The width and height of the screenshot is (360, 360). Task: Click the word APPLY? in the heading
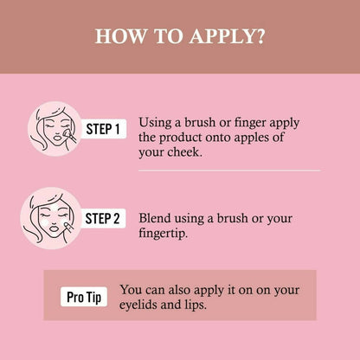click(227, 36)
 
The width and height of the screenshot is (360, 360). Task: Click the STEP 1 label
click(103, 129)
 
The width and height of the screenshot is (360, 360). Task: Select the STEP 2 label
click(102, 218)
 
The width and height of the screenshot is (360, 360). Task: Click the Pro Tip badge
click(84, 297)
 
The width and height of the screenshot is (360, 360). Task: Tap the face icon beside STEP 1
click(55, 129)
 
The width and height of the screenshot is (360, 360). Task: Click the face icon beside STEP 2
click(51, 218)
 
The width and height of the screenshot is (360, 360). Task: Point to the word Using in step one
click(155, 123)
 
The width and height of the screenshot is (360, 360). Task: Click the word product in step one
click(180, 138)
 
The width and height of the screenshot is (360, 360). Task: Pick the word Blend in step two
click(155, 218)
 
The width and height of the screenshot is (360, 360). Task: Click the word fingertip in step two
click(163, 233)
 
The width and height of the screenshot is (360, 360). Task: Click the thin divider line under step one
click(229, 170)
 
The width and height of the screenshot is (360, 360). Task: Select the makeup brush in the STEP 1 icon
click(70, 136)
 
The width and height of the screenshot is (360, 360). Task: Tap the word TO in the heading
click(168, 36)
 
